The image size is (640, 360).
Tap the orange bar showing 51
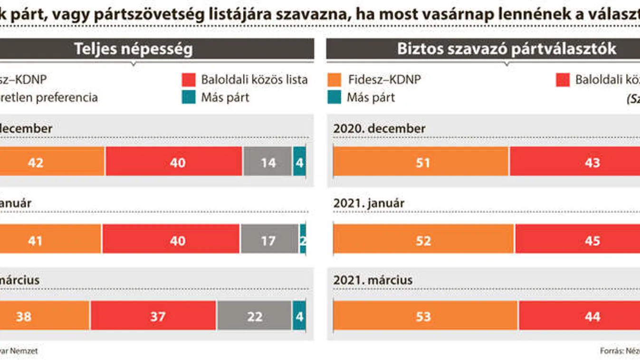(x=421, y=162)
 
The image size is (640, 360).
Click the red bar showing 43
(x=575, y=162)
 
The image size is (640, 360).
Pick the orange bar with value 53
(x=425, y=316)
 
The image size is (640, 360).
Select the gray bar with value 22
(x=254, y=316)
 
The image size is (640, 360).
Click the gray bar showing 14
(x=267, y=162)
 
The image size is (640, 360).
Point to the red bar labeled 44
(x=579, y=316)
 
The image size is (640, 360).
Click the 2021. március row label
(x=373, y=280)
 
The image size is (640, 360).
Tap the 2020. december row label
(x=379, y=128)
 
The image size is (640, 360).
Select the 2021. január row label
(x=369, y=203)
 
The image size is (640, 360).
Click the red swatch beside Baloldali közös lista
(x=189, y=80)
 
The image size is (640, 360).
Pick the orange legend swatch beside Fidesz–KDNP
(x=334, y=80)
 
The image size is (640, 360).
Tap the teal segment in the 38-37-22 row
(x=299, y=316)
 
